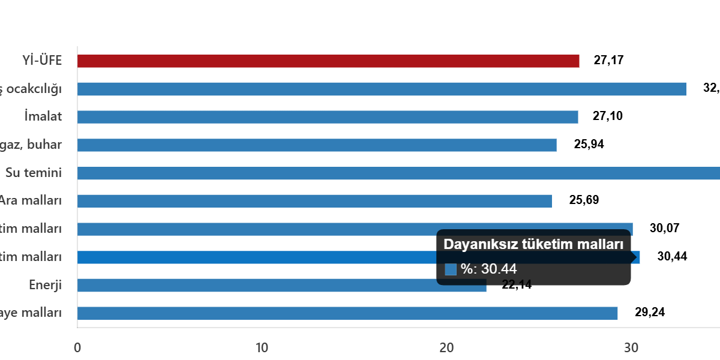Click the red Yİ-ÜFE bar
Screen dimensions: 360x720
tap(328, 61)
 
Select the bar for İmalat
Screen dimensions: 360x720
tap(328, 117)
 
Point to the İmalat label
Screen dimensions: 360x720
tap(44, 116)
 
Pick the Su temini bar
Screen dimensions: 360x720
tap(398, 173)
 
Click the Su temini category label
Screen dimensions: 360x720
tap(34, 173)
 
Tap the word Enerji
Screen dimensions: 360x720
tap(46, 285)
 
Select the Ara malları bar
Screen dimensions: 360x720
tap(314, 201)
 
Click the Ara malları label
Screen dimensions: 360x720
tap(31, 200)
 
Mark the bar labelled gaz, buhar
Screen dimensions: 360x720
tap(317, 145)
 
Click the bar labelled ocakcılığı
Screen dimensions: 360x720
tap(382, 89)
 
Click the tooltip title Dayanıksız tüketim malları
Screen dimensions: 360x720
tap(533, 244)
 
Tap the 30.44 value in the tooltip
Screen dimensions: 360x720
tap(499, 269)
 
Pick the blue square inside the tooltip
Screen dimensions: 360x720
tap(451, 269)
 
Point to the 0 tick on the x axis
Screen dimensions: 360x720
tap(77, 347)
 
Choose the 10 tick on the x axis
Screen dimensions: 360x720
tap(262, 347)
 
